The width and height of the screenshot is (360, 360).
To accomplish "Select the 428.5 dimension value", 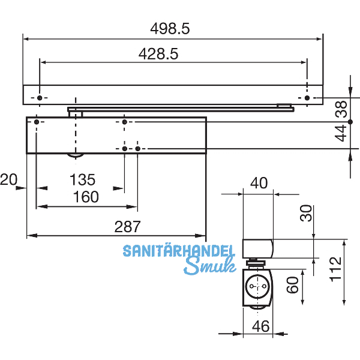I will pos(158,53).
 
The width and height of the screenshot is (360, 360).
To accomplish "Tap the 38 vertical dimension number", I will pos(341,109).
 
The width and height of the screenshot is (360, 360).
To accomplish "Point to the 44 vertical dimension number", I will pos(341,134).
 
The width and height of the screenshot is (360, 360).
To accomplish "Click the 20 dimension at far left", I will pos(8,179).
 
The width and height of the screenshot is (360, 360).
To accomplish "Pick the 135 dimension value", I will pos(83,179).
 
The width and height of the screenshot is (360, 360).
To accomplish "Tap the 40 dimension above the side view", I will pos(259,184).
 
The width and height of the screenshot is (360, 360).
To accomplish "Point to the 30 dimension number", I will pos(307,213).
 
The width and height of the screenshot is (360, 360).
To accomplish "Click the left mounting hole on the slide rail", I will pos(40,98).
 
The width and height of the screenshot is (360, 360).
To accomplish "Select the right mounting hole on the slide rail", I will pos(307,98).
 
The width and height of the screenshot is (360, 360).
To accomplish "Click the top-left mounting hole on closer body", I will pos(37,122).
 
